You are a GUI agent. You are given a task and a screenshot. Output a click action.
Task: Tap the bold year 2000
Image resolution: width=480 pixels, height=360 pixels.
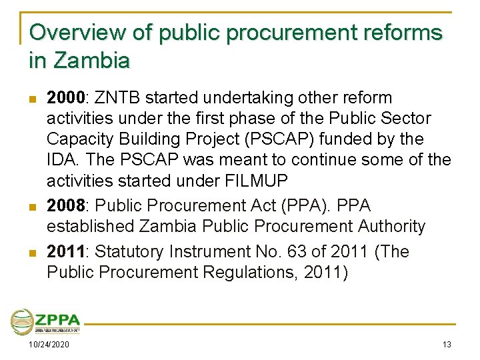pyautogui.click(x=64, y=98)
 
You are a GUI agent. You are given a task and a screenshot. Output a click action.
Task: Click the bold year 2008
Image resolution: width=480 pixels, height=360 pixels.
pyautogui.click(x=64, y=205)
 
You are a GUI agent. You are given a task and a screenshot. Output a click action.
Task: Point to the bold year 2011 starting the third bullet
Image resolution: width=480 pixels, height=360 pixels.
pyautogui.click(x=64, y=252)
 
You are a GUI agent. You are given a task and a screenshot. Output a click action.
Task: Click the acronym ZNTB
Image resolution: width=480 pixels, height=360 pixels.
pyautogui.click(x=117, y=98)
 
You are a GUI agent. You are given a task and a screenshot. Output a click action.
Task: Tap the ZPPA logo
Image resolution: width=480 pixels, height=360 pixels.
pyautogui.click(x=45, y=321)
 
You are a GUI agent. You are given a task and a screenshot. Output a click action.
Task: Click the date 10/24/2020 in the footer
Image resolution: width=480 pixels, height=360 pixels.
pyautogui.click(x=48, y=344)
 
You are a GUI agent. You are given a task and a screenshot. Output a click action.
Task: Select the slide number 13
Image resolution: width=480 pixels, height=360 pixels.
pyautogui.click(x=447, y=344)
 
